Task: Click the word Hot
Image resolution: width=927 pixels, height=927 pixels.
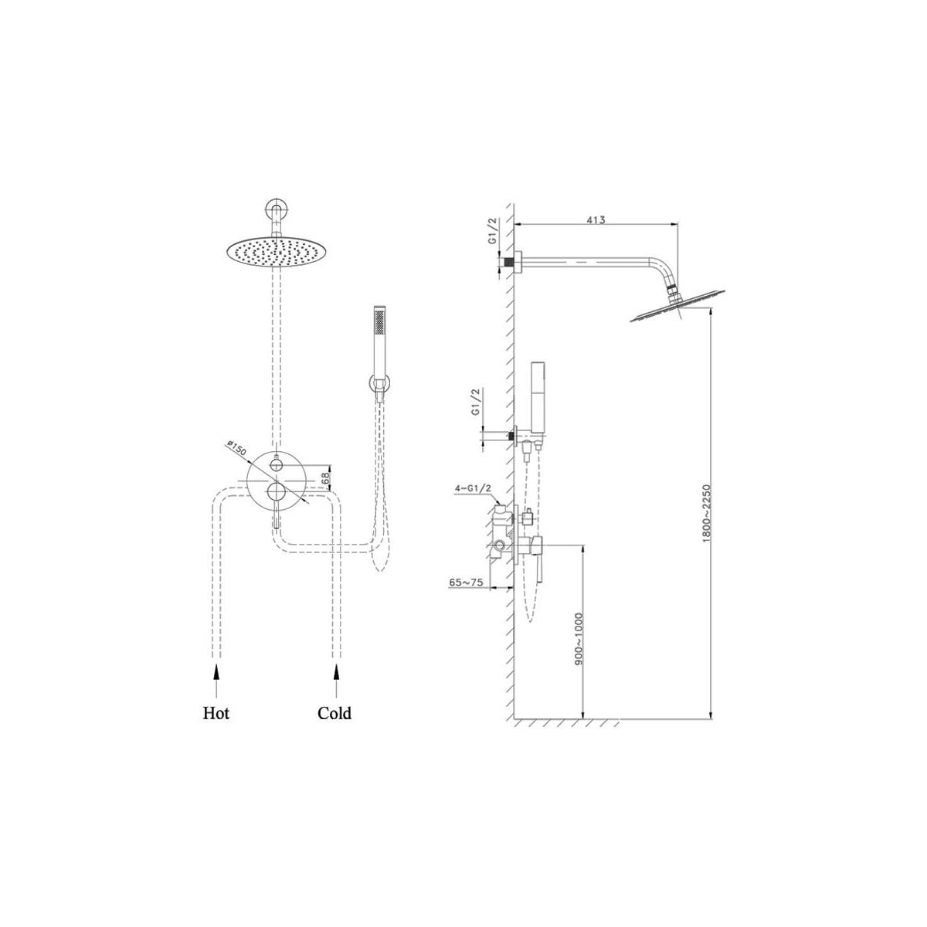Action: [216, 712]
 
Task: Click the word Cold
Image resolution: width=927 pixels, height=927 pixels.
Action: [334, 712]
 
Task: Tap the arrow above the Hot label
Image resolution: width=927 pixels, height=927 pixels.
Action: [216, 681]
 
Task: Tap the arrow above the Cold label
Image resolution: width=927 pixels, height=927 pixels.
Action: [336, 681]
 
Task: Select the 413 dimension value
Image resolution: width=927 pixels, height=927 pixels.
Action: [596, 220]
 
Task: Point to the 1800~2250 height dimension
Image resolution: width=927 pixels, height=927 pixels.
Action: [706, 513]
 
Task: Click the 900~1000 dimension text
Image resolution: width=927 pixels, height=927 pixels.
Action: [579, 639]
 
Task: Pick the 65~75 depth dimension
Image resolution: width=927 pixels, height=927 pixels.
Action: [466, 582]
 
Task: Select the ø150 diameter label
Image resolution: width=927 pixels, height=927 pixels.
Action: [236, 447]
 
